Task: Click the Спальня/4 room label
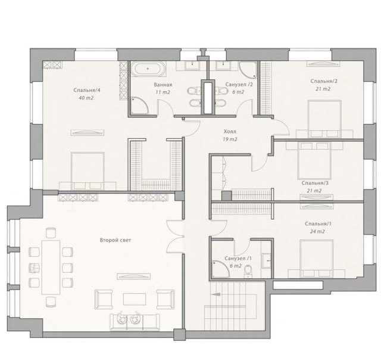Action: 87,90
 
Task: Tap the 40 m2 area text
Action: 86,98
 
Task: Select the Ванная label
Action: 163,85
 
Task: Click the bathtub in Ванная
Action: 148,69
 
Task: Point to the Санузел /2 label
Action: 239,85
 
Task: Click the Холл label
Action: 230,132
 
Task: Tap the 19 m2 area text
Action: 230,139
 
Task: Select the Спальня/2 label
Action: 324,81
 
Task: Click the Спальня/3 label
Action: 315,183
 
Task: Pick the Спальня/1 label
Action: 318,224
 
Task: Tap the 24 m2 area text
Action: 317,232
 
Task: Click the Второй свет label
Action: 115,240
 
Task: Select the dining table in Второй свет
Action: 51,267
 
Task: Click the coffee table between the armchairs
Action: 135,299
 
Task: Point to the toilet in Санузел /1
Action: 248,271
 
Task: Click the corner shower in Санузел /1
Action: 220,269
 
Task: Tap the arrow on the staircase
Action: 216,294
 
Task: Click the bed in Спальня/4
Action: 88,171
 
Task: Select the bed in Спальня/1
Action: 316,259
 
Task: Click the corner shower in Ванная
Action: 139,105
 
